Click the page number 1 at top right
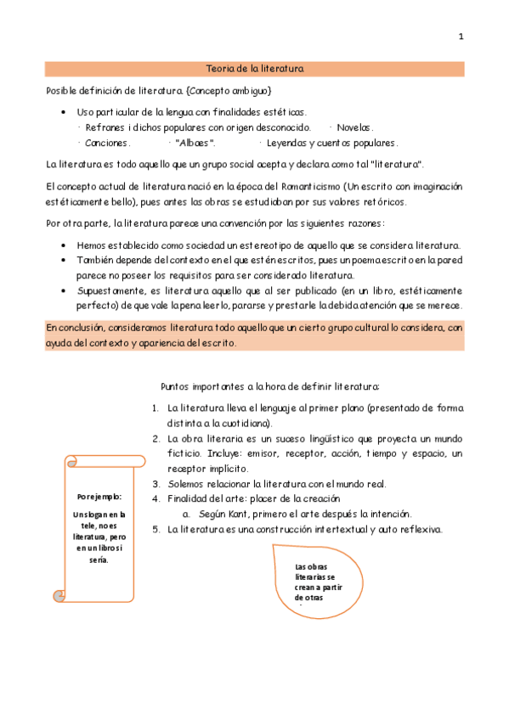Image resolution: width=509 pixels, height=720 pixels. pos(461,37)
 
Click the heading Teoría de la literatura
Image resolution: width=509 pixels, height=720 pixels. pos(255,69)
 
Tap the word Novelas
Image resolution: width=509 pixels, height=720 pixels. pos(355,127)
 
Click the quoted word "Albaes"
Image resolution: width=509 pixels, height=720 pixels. pos(195,143)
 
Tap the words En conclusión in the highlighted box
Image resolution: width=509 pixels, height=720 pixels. pos(75,327)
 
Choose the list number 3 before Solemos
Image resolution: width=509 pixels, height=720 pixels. pos(156,484)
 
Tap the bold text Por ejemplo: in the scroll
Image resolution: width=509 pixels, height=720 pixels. pos(99,497)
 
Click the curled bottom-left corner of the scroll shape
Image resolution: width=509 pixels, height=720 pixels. pos(59,595)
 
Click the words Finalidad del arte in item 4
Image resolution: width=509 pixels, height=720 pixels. pos(204,499)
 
